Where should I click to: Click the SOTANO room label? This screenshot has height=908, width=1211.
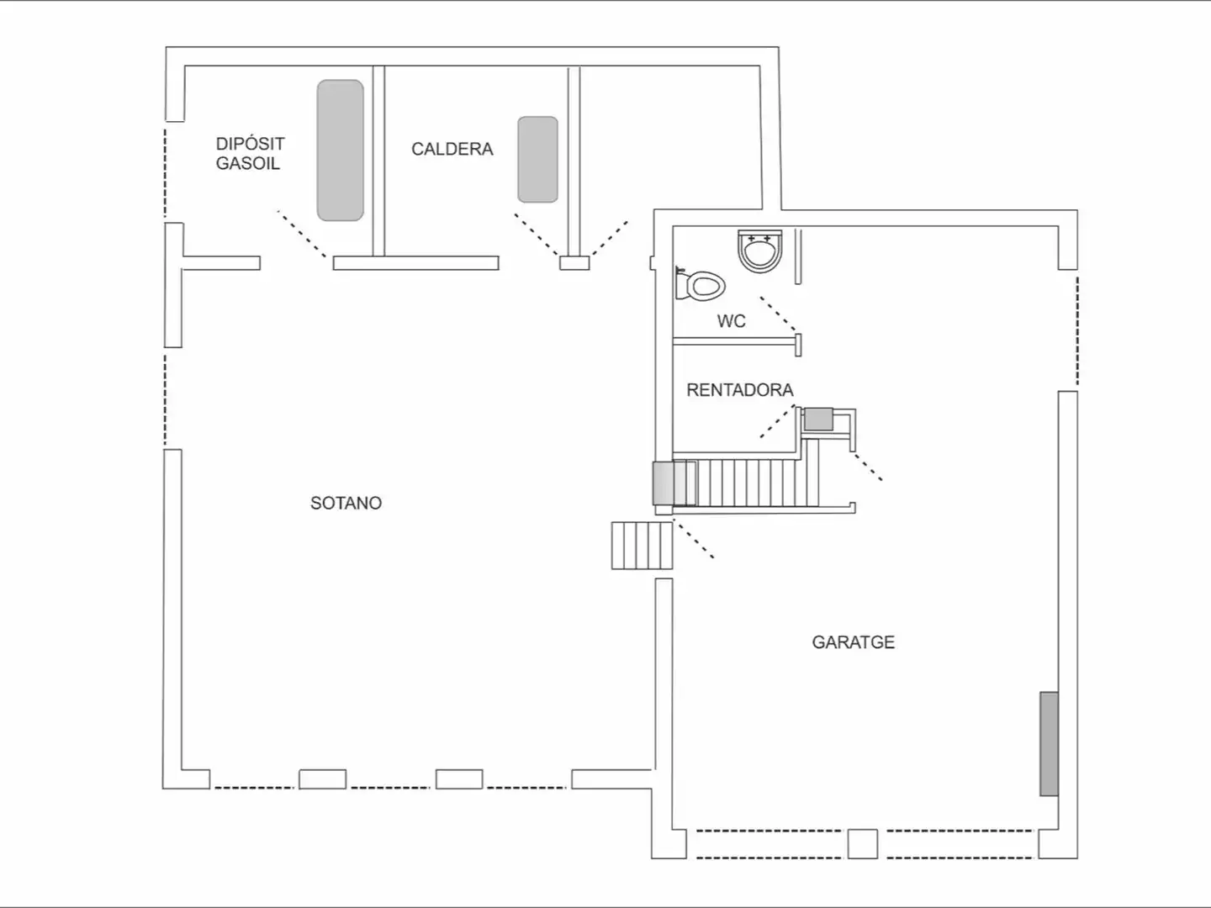click(x=346, y=503)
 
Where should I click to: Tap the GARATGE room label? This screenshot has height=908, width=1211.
click(x=853, y=642)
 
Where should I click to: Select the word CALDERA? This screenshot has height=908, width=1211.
click(x=452, y=149)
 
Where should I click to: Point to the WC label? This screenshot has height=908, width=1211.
click(x=731, y=321)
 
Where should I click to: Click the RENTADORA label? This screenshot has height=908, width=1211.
click(x=740, y=390)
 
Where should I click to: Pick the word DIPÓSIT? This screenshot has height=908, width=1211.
click(x=250, y=143)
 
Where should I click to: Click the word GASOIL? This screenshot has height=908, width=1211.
click(x=248, y=163)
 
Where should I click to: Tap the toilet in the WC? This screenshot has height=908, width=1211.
click(x=700, y=284)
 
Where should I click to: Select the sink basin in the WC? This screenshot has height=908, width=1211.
click(x=759, y=251)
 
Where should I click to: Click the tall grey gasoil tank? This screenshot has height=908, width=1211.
click(x=340, y=150)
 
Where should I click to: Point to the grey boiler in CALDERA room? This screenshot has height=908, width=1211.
click(x=537, y=160)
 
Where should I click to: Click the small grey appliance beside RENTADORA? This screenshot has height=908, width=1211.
click(x=818, y=419)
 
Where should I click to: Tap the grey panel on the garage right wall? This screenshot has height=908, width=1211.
click(x=1049, y=744)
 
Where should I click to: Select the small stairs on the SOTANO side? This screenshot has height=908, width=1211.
click(x=642, y=546)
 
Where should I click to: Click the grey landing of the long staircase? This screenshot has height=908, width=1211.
click(x=663, y=483)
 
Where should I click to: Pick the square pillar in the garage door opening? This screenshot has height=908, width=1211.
click(x=862, y=843)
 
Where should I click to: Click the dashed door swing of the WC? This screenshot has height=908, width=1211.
click(x=779, y=314)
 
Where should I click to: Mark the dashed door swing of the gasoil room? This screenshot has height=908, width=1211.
click(x=301, y=234)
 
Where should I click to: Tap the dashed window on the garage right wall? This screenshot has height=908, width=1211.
click(x=1077, y=330)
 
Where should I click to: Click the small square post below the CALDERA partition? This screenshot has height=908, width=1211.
click(x=574, y=263)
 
